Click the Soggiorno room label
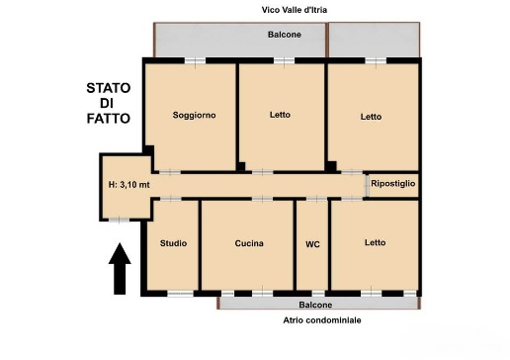pyautogui.click(x=195, y=115)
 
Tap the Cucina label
pyautogui.click(x=249, y=243)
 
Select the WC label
pyautogui.click(x=312, y=244)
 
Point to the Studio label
pyautogui.click(x=173, y=243)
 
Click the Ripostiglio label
pyautogui.click(x=393, y=183)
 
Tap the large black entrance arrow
pyautogui.click(x=120, y=269)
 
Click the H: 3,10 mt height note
pyautogui.click(x=129, y=185)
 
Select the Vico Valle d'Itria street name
pyautogui.click(x=295, y=10)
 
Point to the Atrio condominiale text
pyautogui.click(x=322, y=320)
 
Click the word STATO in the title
pyautogui.click(x=109, y=88)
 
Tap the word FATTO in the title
pyautogui.click(x=109, y=119)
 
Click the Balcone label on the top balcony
pyautogui.click(x=285, y=35)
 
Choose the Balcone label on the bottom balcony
pyautogui.click(x=315, y=305)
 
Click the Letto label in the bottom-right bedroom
pyautogui.click(x=376, y=242)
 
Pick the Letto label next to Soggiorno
pyautogui.click(x=280, y=115)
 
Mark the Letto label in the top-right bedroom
pyautogui.click(x=371, y=117)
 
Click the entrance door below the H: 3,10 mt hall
pyautogui.click(x=119, y=220)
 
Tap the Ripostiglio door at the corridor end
pyautogui.click(x=367, y=186)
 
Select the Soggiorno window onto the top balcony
pyautogui.click(x=195, y=61)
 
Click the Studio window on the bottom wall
pyautogui.click(x=180, y=294)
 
